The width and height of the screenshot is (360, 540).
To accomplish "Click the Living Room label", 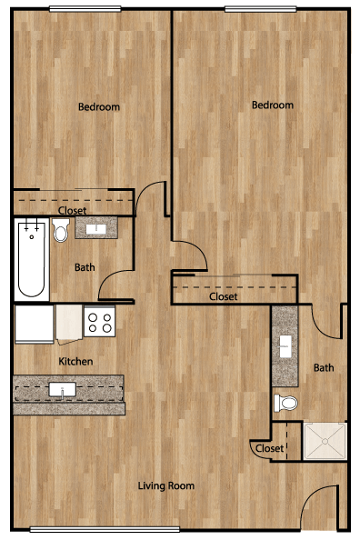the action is tap(166, 485).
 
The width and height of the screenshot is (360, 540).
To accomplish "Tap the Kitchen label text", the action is tap(75, 361).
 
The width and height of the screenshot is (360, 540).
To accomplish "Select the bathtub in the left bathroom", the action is tap(31, 260).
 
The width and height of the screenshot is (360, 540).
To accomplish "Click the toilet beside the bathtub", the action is tap(61, 230).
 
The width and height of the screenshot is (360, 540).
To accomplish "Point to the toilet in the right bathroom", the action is tap(285, 403).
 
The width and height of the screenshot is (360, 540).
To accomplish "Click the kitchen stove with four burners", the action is tap(100, 321).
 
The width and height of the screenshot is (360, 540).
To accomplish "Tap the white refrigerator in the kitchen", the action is tap(35, 324).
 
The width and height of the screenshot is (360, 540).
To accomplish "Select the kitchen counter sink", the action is tap(63, 390).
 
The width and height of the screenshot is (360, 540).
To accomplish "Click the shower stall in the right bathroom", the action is tap(325, 441).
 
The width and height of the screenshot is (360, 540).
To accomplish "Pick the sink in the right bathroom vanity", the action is tap(285, 345).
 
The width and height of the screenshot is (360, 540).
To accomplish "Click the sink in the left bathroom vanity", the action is tap(96, 229).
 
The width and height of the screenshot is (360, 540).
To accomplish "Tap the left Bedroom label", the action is tap(99, 106).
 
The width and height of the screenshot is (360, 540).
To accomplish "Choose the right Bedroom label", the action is tap(273, 105).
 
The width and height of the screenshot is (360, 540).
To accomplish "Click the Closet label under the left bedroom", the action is tap(72, 210).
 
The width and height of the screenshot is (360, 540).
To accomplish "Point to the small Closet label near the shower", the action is tap(270, 448).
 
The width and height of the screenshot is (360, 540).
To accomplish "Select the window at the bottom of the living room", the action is tap(105, 529).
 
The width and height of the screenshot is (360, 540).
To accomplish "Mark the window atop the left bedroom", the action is tap(85, 9).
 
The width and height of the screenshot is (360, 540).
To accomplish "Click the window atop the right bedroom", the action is tap(260, 9).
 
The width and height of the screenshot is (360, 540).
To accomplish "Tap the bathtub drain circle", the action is tap(32, 237).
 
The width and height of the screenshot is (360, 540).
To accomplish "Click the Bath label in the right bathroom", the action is tap(324, 368).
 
